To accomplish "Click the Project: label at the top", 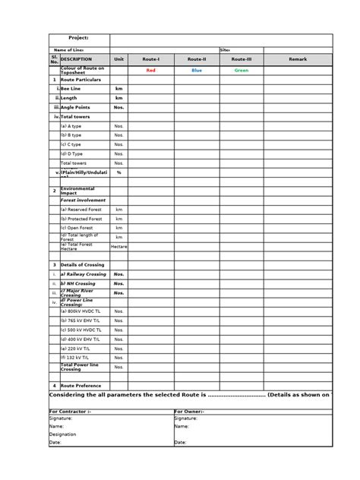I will tap(78, 38).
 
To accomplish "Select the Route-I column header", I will tap(150, 58).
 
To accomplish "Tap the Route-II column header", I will tap(197, 58).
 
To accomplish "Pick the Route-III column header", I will tap(242, 58).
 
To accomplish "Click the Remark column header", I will tap(298, 58).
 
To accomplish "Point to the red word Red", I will tap(150, 70).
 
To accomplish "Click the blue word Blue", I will tap(197, 70).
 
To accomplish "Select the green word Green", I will tap(242, 70).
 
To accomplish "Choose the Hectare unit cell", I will tap(118, 246).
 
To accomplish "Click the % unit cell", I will tap(118, 172).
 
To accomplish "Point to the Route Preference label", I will tap(81, 385).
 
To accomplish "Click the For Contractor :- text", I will tap(70, 410).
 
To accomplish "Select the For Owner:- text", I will tap(194, 410).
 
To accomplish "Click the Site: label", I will tap(225, 50).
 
